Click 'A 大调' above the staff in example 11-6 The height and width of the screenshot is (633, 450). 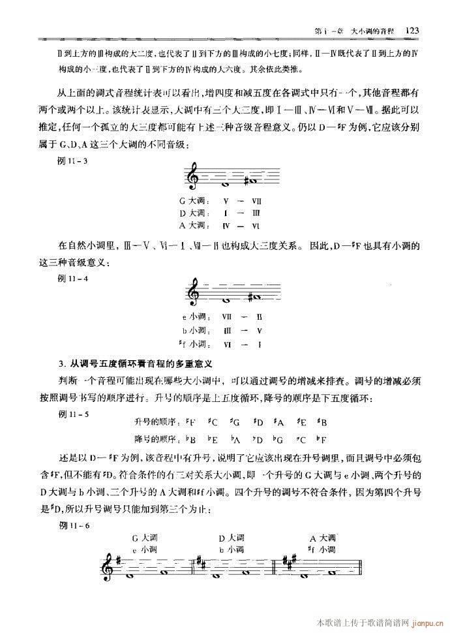(x=323, y=538)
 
